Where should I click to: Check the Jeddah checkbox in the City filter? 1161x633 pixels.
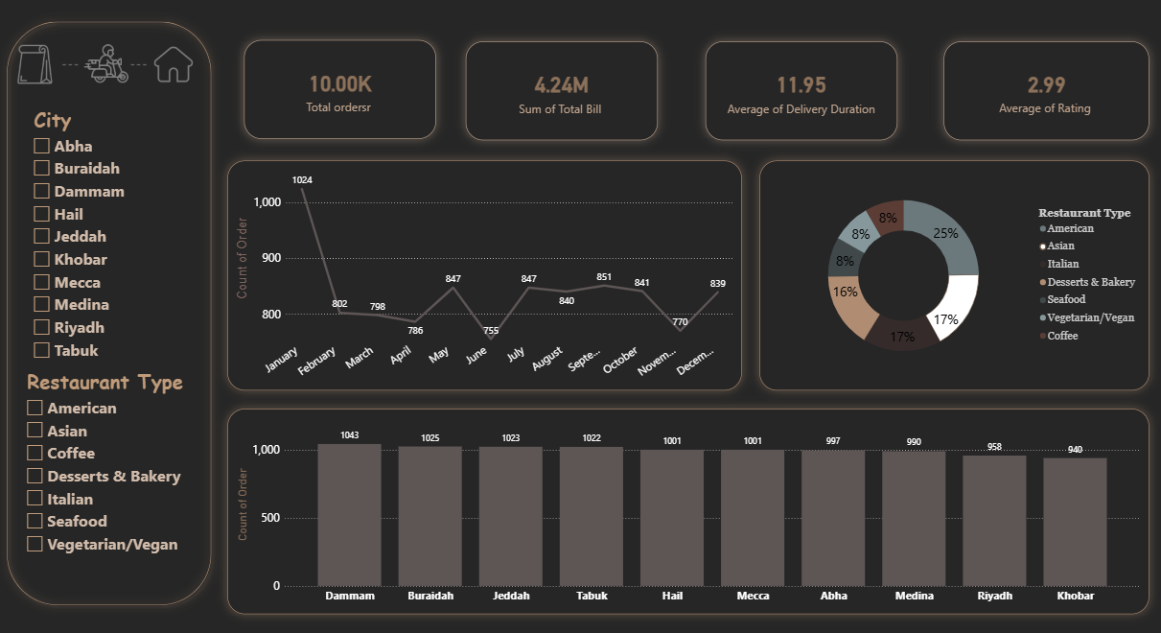41,236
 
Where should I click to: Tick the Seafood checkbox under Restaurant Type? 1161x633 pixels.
35,521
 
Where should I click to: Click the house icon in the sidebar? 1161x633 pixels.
174,64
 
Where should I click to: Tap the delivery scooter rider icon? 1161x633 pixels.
106,63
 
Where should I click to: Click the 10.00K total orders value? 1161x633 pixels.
340,84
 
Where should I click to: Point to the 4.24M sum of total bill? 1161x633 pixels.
561,85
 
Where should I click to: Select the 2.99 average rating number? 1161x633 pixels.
1046,85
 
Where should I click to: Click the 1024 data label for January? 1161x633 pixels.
302,180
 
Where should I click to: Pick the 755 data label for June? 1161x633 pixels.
491,330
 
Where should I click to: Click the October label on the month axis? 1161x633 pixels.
620,360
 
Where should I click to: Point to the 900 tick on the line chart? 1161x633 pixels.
271,258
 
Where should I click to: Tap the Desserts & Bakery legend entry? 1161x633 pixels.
1087,282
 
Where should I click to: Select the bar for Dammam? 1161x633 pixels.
349,515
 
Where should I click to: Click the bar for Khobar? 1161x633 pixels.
1075,522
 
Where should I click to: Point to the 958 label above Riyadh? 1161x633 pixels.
994,447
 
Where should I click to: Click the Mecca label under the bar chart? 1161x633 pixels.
753,596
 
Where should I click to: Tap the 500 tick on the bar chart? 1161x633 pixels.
270,517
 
